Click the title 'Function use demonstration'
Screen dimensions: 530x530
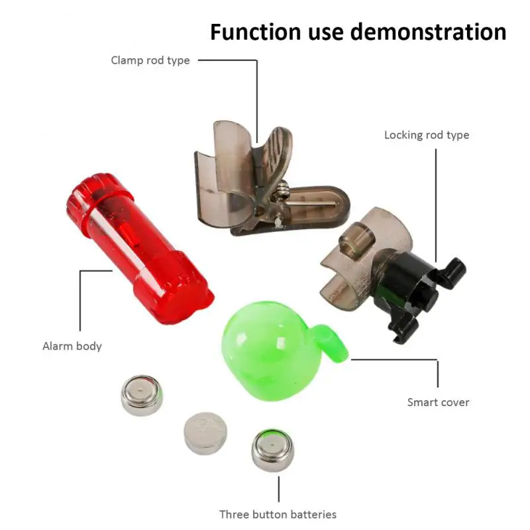coord(358,32)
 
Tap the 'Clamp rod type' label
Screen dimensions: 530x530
coord(150,60)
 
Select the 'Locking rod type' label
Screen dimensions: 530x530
coord(427,135)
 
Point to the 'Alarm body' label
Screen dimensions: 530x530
coord(72,346)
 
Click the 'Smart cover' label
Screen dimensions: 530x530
coord(438,402)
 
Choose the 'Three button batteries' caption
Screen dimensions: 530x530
coord(278,514)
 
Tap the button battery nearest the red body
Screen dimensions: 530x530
coord(142,396)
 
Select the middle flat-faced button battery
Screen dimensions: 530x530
coord(205,433)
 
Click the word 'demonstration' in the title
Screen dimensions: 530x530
coord(421,32)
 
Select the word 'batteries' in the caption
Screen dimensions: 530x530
coord(312,514)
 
